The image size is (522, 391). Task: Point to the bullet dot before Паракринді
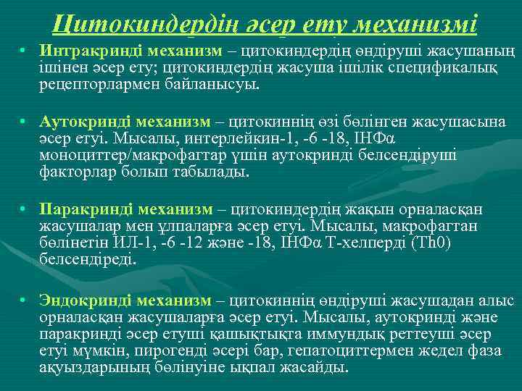[x=23, y=210]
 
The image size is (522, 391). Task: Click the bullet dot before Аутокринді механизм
[x=23, y=122]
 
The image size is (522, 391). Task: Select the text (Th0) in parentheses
[x=433, y=243]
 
